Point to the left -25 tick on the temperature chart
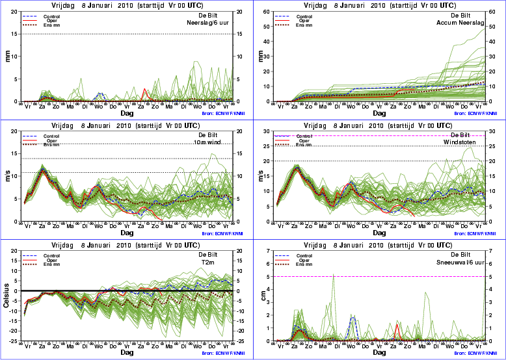tap(13, 341)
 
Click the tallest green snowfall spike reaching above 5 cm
tap(334, 274)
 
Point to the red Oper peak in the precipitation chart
tap(145, 89)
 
